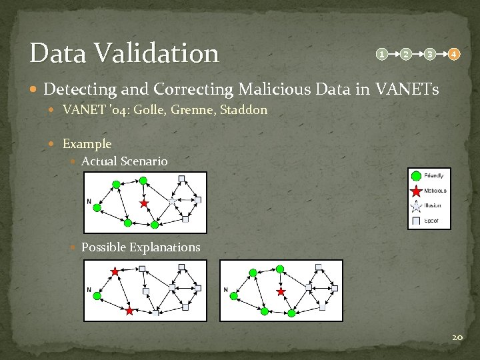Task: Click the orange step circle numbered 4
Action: pos(453,54)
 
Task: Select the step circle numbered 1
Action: pos(381,54)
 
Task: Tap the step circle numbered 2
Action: pos(405,54)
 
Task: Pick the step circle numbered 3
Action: pos(430,54)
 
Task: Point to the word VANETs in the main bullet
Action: pos(407,89)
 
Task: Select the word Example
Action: pos(87,143)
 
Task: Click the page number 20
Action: pos(457,338)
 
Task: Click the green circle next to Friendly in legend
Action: pos(417,176)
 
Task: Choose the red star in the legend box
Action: pos(417,191)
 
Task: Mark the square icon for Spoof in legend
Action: pos(417,221)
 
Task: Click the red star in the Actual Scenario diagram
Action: pos(143,203)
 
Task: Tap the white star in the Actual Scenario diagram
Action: pos(172,200)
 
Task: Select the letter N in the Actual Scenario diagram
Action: pos(89,201)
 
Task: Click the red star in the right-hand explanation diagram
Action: pos(281,291)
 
